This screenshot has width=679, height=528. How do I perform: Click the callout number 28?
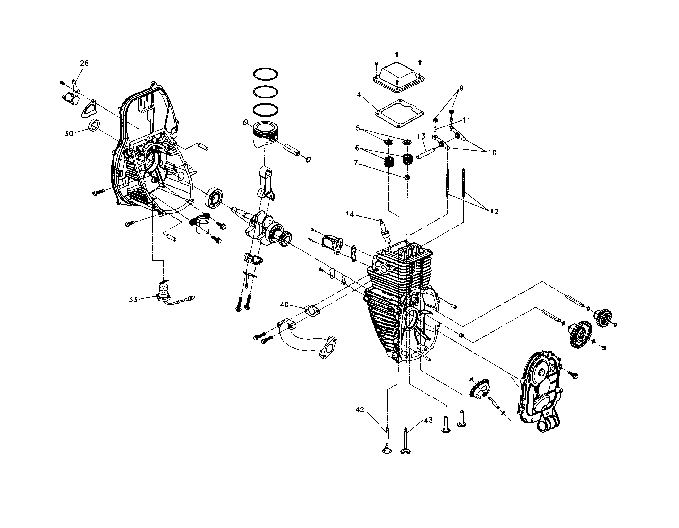tap(84, 63)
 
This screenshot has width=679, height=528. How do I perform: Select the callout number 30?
tap(69, 133)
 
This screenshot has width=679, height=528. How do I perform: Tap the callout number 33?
tap(133, 299)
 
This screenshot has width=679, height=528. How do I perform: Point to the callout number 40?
tap(284, 305)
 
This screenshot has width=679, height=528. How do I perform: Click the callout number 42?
tap(360, 410)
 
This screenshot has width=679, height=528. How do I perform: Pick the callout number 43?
tap(428, 420)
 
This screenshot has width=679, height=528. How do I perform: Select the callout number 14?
tap(349, 214)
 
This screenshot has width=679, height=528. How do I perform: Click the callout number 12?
tap(494, 211)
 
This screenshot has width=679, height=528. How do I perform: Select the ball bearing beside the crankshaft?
tap(214, 197)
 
